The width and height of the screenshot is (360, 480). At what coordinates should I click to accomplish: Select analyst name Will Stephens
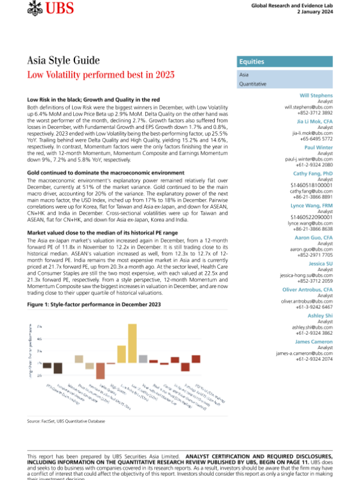[316, 96]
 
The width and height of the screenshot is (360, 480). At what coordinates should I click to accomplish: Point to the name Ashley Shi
[320, 316]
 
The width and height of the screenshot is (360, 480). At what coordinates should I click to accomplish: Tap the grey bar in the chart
[143, 359]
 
